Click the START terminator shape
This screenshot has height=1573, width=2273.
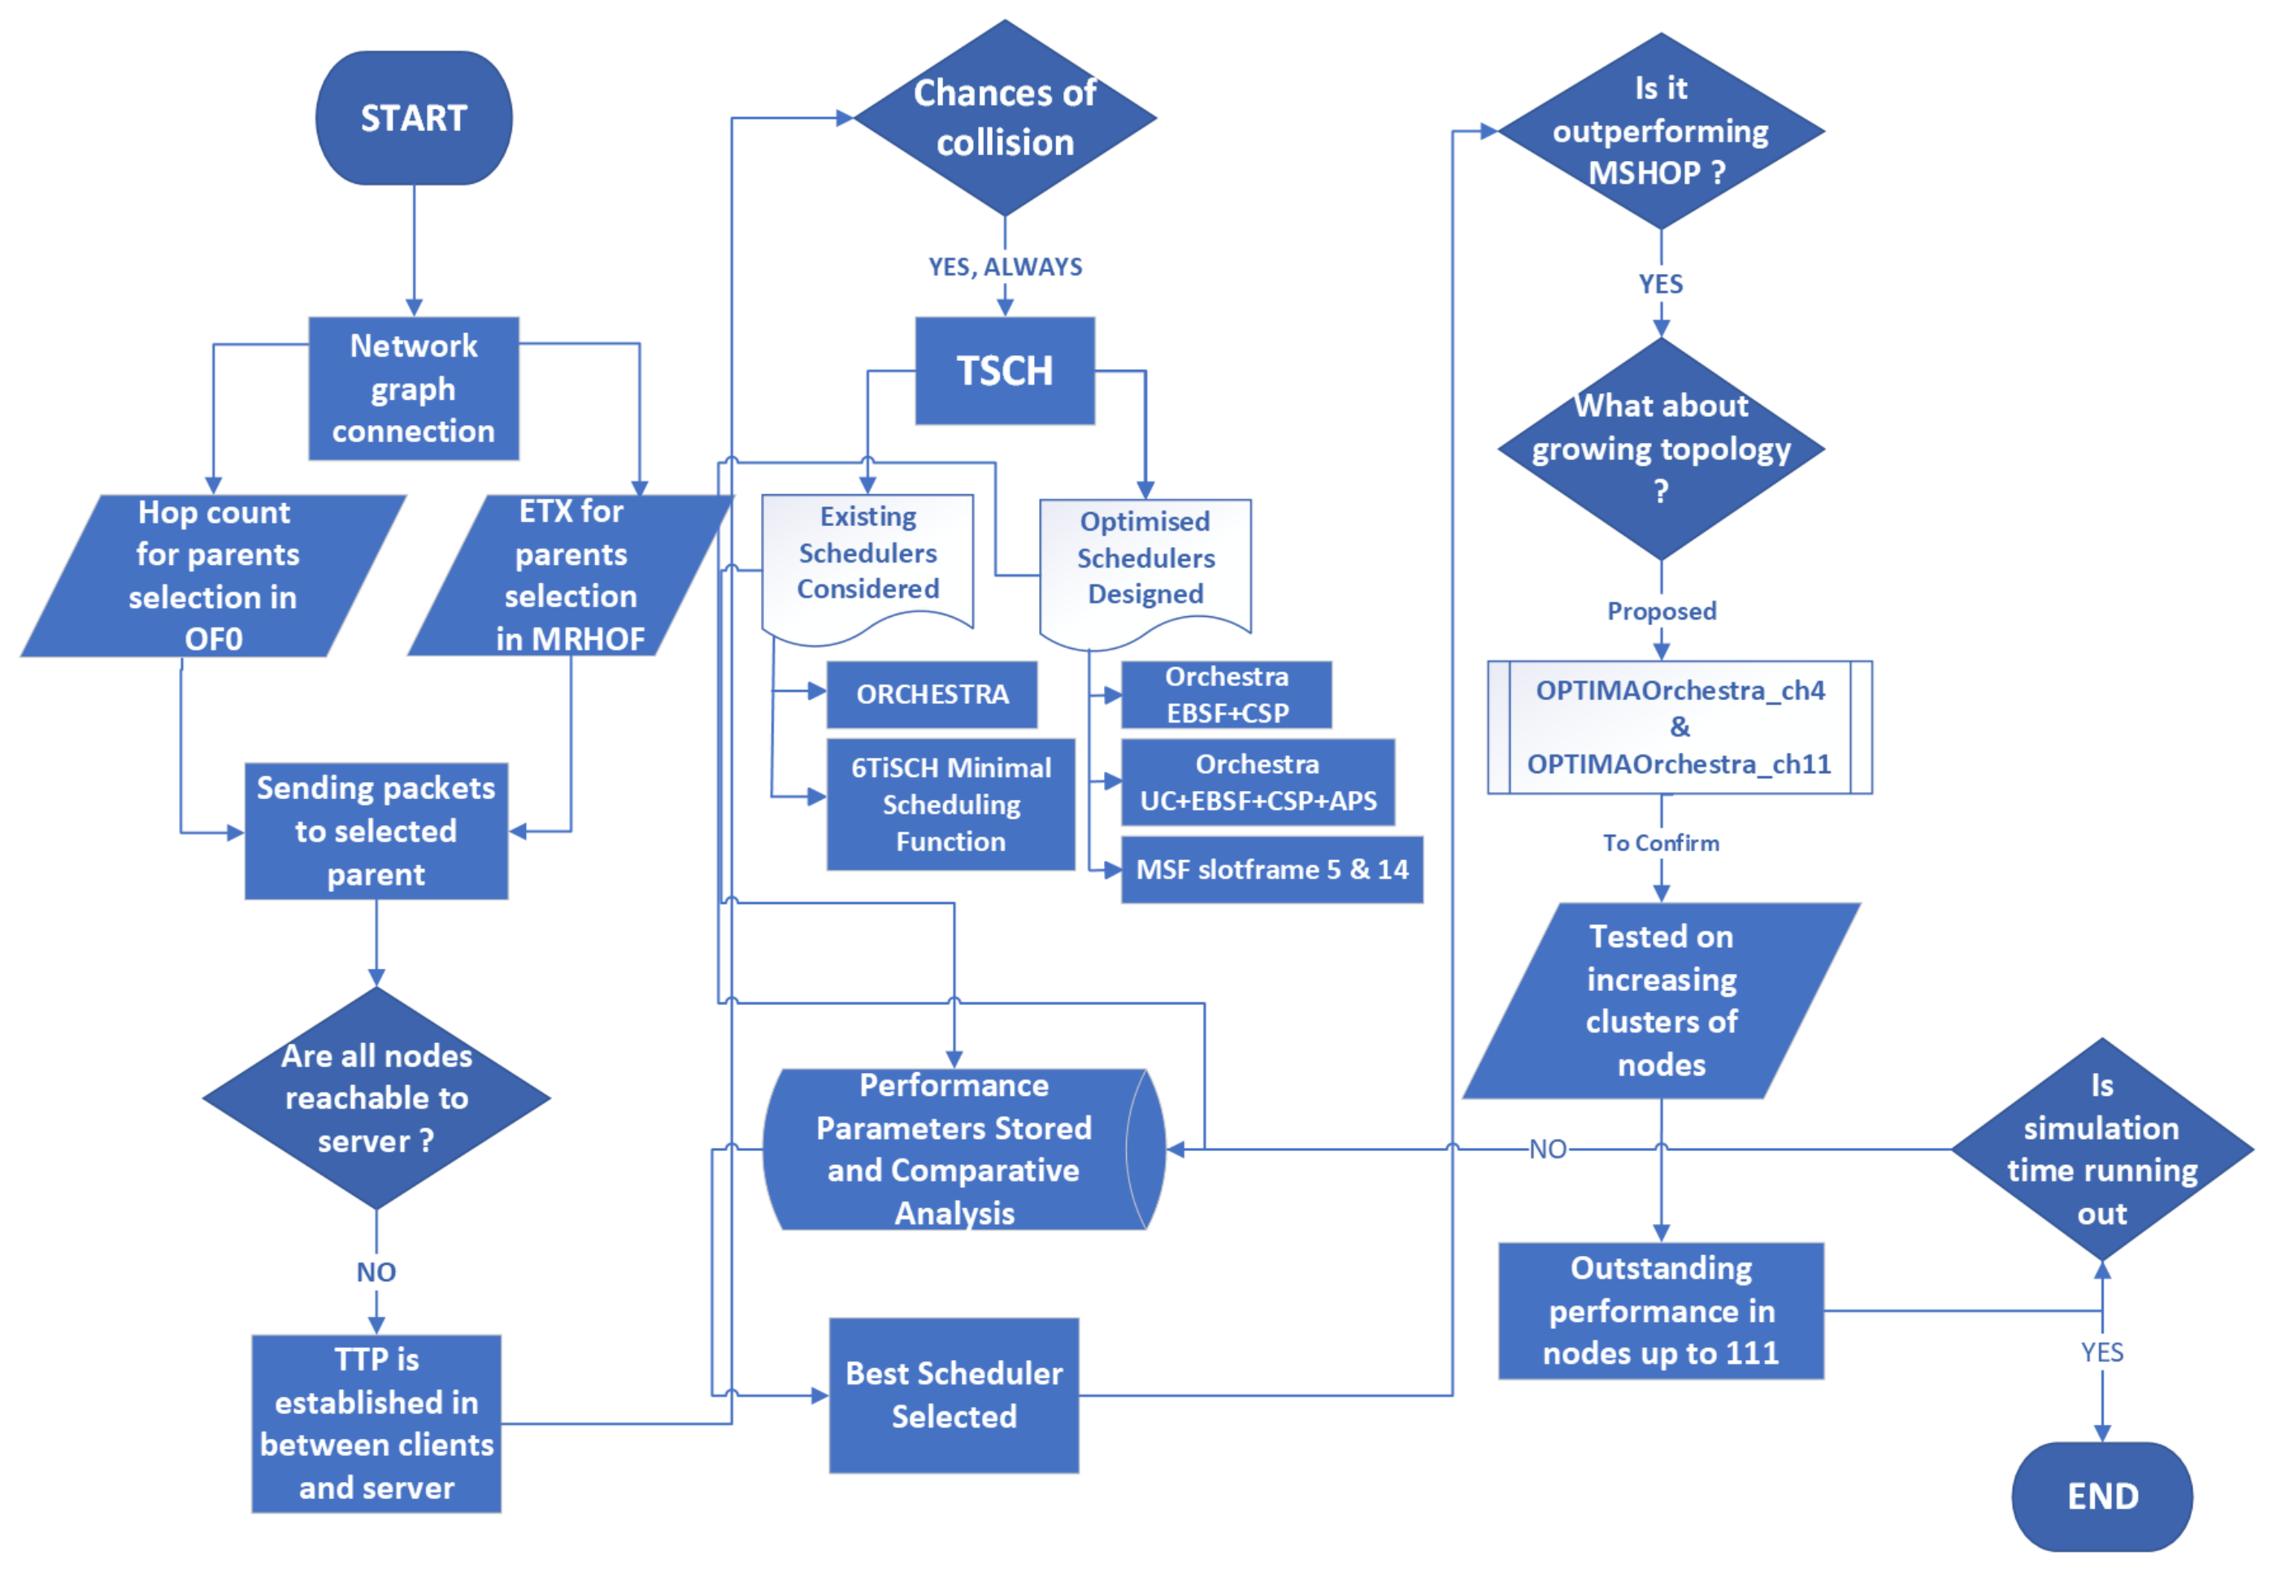point(413,118)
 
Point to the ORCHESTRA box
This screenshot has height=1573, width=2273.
point(931,694)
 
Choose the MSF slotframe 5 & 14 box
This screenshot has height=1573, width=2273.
point(1271,869)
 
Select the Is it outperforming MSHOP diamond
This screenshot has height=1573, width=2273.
point(1660,130)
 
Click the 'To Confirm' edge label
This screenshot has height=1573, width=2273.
point(1660,843)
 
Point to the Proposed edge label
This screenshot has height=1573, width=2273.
point(1660,611)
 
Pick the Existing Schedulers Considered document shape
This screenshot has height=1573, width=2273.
point(867,557)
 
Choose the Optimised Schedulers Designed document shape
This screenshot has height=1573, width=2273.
point(1145,562)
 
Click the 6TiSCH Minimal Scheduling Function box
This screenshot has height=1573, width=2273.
point(950,804)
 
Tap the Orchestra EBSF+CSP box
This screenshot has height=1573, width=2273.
point(1225,695)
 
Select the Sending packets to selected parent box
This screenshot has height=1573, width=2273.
point(376,831)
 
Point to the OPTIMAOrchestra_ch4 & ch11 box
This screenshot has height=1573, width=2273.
point(1679,728)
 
